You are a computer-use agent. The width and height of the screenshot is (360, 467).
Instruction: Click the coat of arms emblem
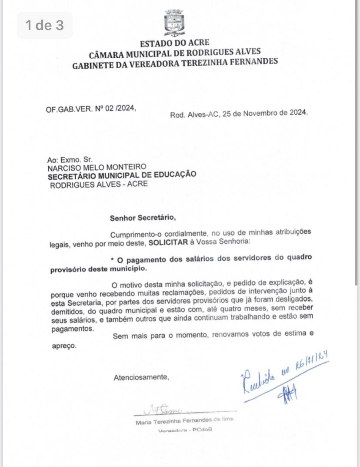(x=174, y=23)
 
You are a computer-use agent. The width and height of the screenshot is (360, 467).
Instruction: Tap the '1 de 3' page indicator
(x=44, y=25)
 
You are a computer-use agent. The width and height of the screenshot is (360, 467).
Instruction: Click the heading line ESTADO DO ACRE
(x=174, y=43)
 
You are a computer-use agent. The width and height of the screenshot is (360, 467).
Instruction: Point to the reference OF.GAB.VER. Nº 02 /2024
(x=91, y=109)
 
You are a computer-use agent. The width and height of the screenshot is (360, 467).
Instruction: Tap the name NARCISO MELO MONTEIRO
(x=97, y=167)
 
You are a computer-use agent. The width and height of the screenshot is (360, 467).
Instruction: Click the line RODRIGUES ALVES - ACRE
(x=99, y=184)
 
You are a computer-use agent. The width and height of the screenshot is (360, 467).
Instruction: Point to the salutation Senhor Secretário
(x=143, y=218)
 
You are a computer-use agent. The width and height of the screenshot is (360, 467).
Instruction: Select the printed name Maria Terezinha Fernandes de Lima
(x=184, y=420)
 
